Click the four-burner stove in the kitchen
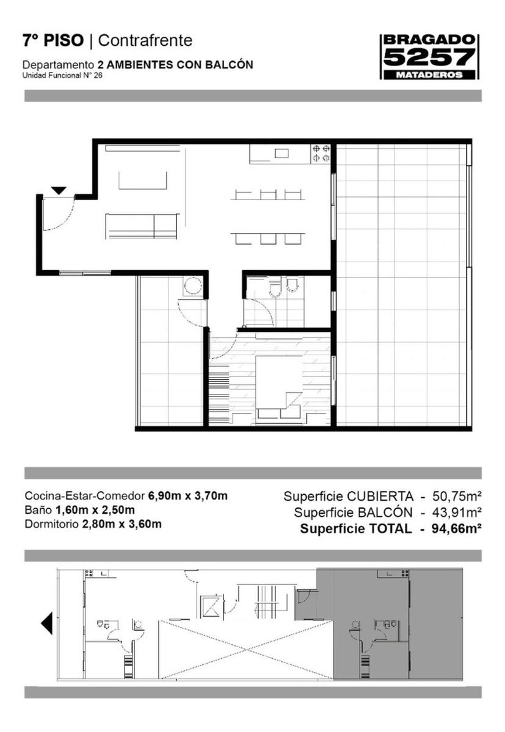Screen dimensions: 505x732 tap(320, 154)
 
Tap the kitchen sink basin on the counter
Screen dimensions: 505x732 tap(282, 153)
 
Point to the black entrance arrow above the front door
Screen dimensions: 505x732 tap(59, 190)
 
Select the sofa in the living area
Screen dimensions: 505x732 tap(142, 226)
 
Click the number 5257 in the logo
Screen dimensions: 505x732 tap(429, 57)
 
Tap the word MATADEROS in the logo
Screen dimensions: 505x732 tap(429, 75)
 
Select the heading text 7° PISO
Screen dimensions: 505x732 tap(53, 41)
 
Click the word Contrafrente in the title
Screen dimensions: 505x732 tap(145, 41)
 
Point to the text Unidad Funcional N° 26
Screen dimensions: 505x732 tap(62, 76)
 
